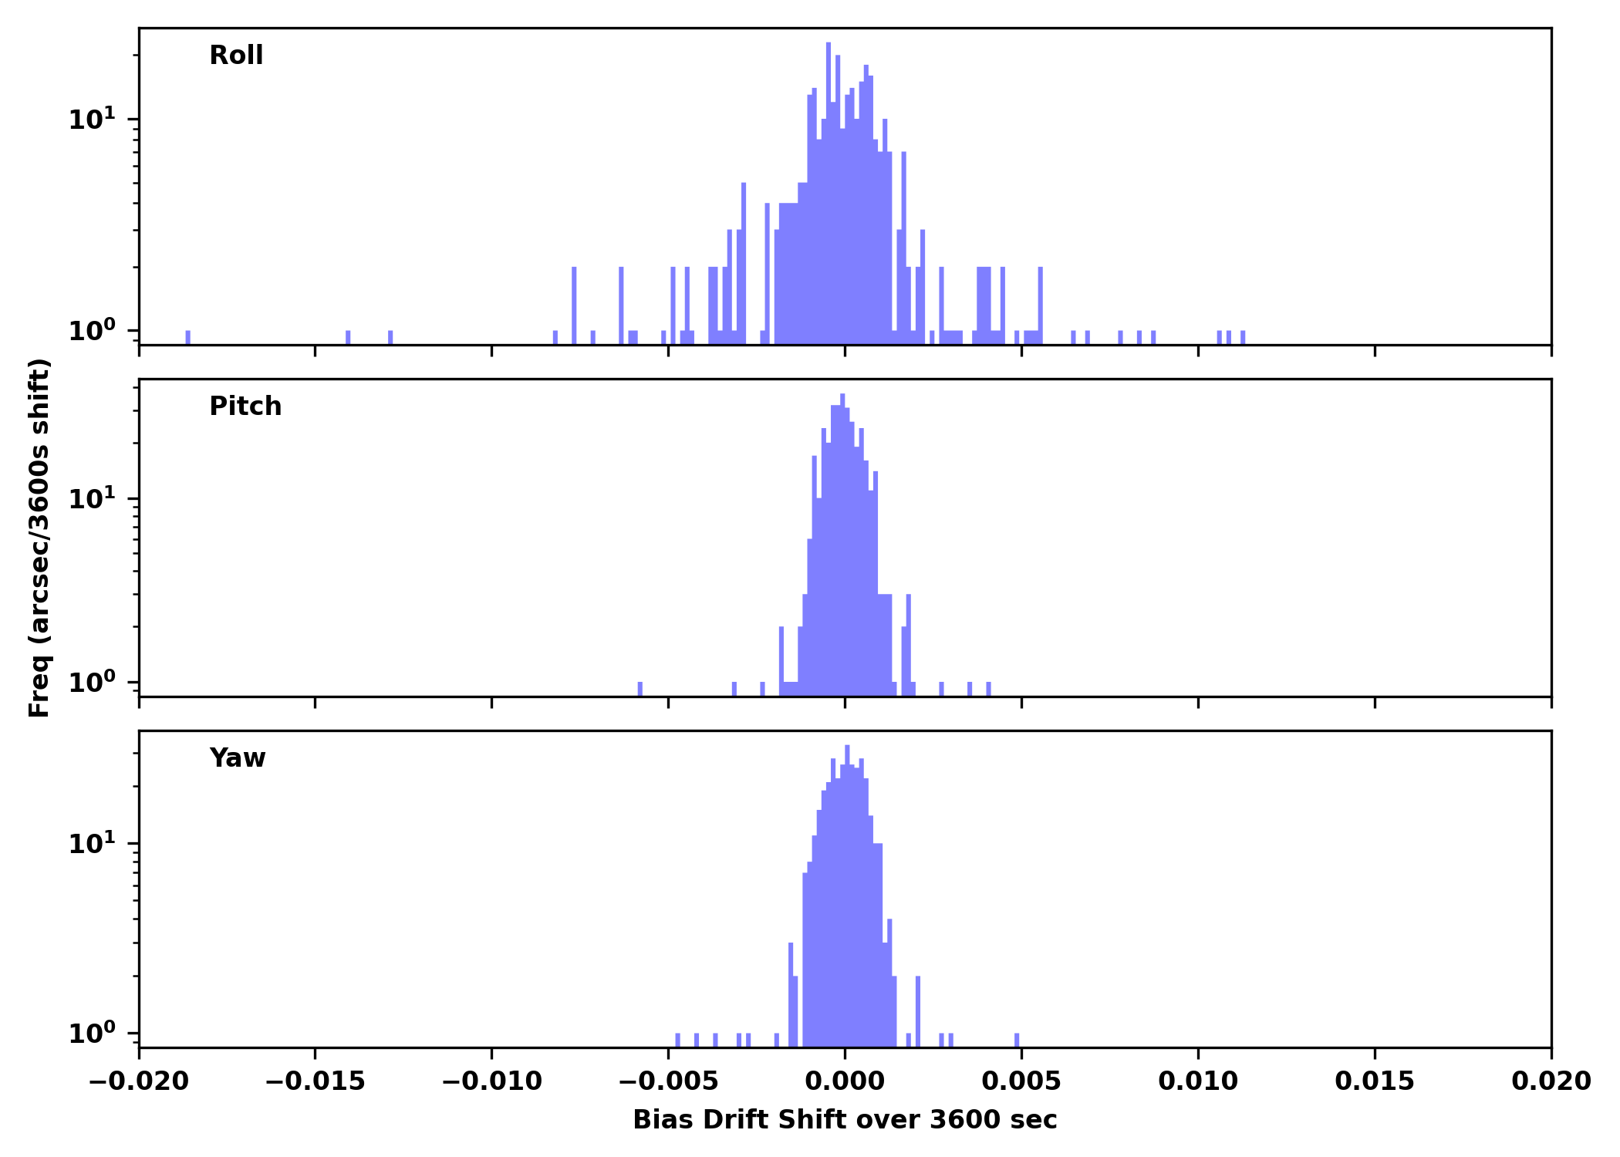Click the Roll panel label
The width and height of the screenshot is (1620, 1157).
point(236,56)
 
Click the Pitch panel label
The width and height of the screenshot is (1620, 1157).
point(245,406)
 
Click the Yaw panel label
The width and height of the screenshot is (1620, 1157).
point(238,758)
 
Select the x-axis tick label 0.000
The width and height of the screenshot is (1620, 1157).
point(845,1081)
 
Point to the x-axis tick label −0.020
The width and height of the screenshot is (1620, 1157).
point(139,1081)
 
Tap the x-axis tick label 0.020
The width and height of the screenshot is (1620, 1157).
point(1551,1081)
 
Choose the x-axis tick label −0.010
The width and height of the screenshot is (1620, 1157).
point(491,1081)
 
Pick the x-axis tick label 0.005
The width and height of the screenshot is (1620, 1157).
point(1021,1081)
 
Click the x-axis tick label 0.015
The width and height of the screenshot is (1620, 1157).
point(1375,1081)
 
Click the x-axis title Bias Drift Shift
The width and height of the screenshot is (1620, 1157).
point(845,1120)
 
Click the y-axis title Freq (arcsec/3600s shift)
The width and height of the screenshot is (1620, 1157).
point(39,538)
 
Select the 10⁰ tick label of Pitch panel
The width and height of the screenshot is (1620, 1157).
point(92,683)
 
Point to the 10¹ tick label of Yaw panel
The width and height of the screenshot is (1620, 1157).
point(92,844)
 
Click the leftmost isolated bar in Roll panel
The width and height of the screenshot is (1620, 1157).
point(187,338)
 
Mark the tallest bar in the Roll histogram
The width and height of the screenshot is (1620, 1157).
point(829,193)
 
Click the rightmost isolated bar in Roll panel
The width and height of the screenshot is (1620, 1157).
point(1243,338)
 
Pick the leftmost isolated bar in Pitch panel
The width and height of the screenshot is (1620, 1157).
point(640,689)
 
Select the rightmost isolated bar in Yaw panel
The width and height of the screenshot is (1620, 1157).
point(1017,1040)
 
